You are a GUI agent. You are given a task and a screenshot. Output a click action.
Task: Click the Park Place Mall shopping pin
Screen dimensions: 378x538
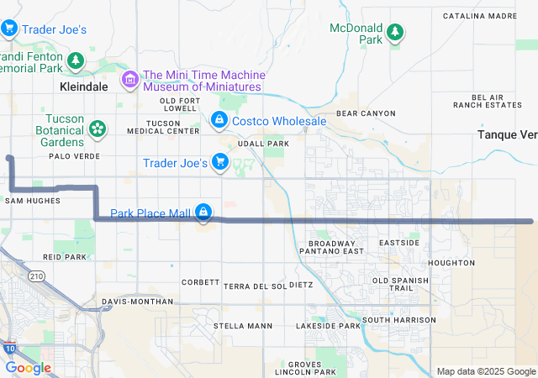point(203,213)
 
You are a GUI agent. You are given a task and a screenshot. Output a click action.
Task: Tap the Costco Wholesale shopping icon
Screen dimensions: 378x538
point(219,121)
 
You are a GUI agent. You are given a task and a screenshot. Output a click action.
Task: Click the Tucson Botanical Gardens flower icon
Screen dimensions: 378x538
point(98,129)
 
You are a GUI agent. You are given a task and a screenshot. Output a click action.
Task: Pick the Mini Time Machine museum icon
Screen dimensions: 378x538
point(130,80)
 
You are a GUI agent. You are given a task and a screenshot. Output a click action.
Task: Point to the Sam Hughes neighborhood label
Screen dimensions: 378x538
point(33,201)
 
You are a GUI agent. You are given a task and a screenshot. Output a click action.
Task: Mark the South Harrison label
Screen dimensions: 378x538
point(398,320)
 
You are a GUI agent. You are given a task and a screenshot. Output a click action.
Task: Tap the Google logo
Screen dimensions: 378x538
point(28,368)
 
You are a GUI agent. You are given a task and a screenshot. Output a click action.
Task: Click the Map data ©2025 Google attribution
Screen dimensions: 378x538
point(485,371)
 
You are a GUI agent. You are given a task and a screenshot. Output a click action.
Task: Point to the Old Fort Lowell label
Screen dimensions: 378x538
point(178,104)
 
